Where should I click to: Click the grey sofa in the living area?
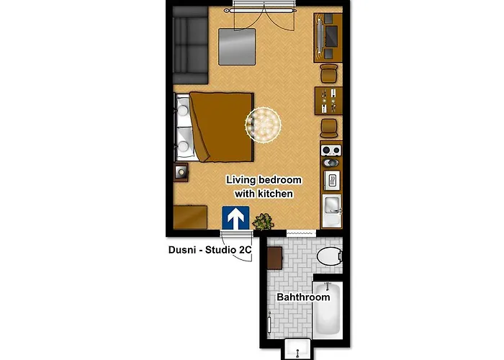[x=190, y=45]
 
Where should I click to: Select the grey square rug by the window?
[x=237, y=47]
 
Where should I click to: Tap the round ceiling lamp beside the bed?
[x=263, y=125]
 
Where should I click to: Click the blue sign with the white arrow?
[x=235, y=217]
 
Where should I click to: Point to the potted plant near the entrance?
[x=264, y=222]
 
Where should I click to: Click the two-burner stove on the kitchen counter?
[x=331, y=150]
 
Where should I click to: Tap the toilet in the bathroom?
[x=330, y=256]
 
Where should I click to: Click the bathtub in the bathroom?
[x=328, y=310]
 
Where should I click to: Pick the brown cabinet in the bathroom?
[x=275, y=258]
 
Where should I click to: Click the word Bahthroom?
[x=303, y=297]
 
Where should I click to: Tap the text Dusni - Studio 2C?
[x=210, y=250]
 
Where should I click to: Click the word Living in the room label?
[x=241, y=180]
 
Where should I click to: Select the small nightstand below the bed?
[x=181, y=173]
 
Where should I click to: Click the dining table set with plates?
[x=328, y=100]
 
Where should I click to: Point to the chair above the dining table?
[x=329, y=73]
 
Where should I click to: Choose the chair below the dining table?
[x=329, y=128]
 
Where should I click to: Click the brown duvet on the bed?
[x=222, y=127]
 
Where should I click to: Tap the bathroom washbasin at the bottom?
[x=297, y=349]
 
